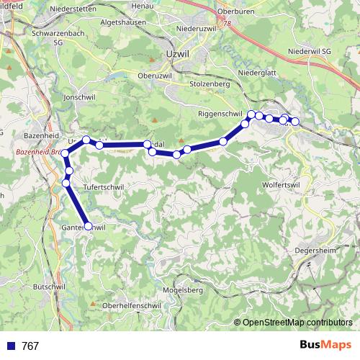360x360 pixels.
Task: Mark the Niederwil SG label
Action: [x=308, y=52]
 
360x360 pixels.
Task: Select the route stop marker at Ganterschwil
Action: [x=89, y=226]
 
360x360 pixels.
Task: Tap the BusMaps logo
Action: [x=325, y=346]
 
